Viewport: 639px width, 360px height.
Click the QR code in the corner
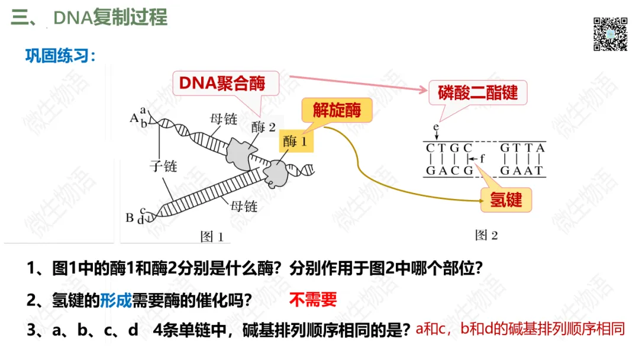click(610, 34)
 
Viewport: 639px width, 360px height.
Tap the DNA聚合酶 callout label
click(222, 83)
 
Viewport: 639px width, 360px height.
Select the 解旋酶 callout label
click(337, 110)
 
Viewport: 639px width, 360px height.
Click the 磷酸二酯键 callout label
click(477, 92)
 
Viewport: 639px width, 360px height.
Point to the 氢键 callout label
click(506, 199)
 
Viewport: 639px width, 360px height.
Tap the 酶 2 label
click(263, 126)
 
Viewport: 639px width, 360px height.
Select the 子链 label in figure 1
click(163, 166)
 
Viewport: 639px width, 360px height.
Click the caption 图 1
click(212, 237)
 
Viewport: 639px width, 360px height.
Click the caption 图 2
click(486, 235)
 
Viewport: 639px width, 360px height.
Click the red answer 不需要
click(313, 300)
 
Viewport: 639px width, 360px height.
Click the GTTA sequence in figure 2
click(522, 148)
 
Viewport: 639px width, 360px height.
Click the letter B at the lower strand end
click(130, 217)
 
